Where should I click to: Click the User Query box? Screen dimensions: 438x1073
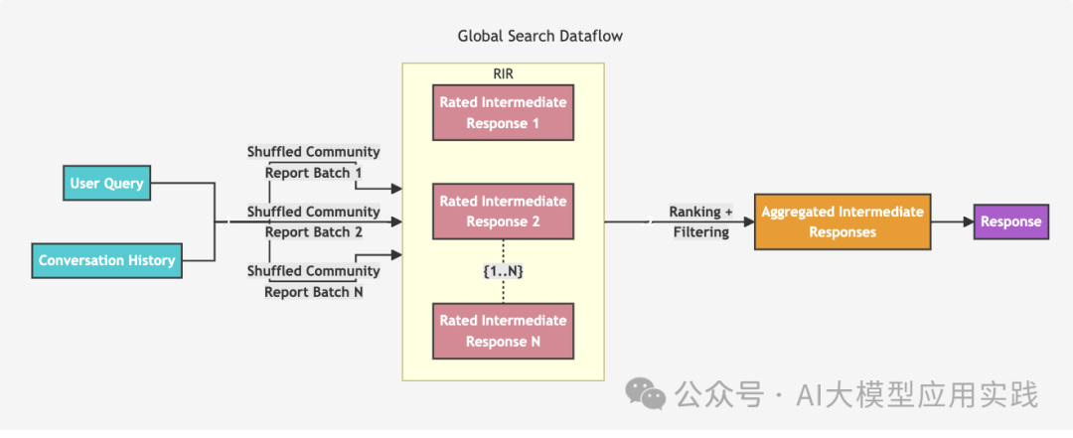click(x=106, y=183)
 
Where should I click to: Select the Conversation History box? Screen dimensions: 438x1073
click(x=106, y=260)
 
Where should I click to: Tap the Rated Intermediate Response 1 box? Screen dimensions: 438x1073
click(x=503, y=112)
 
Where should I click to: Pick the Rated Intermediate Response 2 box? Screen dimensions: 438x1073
click(x=503, y=211)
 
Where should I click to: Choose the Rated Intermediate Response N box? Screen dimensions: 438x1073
click(x=503, y=331)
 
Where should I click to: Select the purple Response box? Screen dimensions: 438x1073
click(x=1010, y=221)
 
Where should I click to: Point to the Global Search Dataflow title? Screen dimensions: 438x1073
click(x=539, y=36)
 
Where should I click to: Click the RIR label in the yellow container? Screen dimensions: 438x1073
click(x=503, y=73)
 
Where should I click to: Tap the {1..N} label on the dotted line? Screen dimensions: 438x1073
click(x=503, y=270)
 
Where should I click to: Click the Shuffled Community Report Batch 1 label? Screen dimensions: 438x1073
click(x=313, y=162)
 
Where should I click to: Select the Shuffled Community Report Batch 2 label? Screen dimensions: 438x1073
click(x=313, y=221)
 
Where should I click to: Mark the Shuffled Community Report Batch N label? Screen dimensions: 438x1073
click(x=313, y=281)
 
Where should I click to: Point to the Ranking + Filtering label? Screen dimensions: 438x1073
click(x=701, y=221)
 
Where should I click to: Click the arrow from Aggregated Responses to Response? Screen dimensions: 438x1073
click(x=951, y=221)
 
